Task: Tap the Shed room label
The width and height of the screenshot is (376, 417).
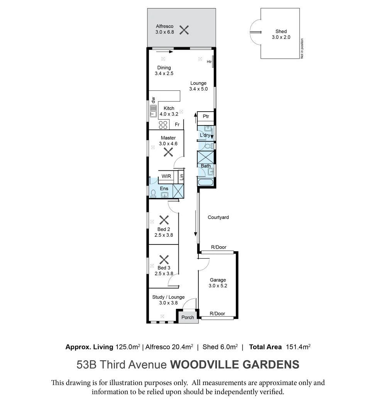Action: tap(281, 32)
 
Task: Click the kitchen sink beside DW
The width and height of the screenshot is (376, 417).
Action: tap(153, 111)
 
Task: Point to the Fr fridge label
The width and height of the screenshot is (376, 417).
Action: tap(177, 125)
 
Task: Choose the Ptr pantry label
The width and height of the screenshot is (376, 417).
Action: tap(206, 116)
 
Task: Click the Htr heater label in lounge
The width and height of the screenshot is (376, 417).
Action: tap(209, 62)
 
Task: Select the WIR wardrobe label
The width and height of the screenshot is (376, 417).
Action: tap(166, 176)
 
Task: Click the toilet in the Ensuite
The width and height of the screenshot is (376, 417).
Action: tap(153, 193)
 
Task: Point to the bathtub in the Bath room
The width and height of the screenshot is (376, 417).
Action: tap(205, 182)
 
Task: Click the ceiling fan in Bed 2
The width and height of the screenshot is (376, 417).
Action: tap(164, 220)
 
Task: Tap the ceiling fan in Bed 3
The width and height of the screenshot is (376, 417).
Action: tap(164, 259)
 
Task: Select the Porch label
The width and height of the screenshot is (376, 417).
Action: tap(188, 317)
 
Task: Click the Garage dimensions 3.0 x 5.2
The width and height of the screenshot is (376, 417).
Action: tap(218, 286)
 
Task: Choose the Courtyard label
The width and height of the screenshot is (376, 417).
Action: tap(218, 217)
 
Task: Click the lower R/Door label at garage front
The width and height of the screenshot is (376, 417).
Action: tap(217, 314)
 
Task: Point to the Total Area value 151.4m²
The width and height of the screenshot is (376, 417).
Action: tap(298, 347)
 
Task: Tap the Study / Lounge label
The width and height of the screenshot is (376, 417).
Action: tap(168, 297)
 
